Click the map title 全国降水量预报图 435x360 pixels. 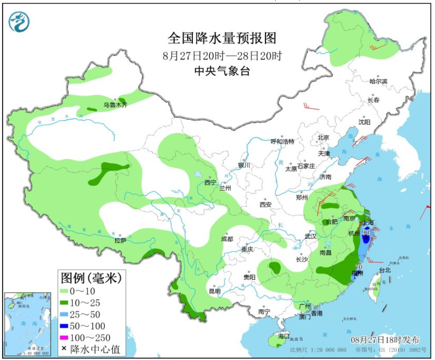point(222,39)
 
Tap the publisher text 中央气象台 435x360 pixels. point(222,71)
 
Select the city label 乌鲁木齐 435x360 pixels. point(115,105)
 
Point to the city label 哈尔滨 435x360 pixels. point(378,81)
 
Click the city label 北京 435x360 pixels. point(323,137)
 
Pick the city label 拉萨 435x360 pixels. point(120,241)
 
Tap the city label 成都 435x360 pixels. point(227,239)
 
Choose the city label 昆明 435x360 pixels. point(214,291)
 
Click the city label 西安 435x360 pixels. point(265,205)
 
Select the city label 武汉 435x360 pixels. point(311,236)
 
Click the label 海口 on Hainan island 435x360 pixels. point(284,336)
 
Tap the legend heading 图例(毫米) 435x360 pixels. point(91,277)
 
